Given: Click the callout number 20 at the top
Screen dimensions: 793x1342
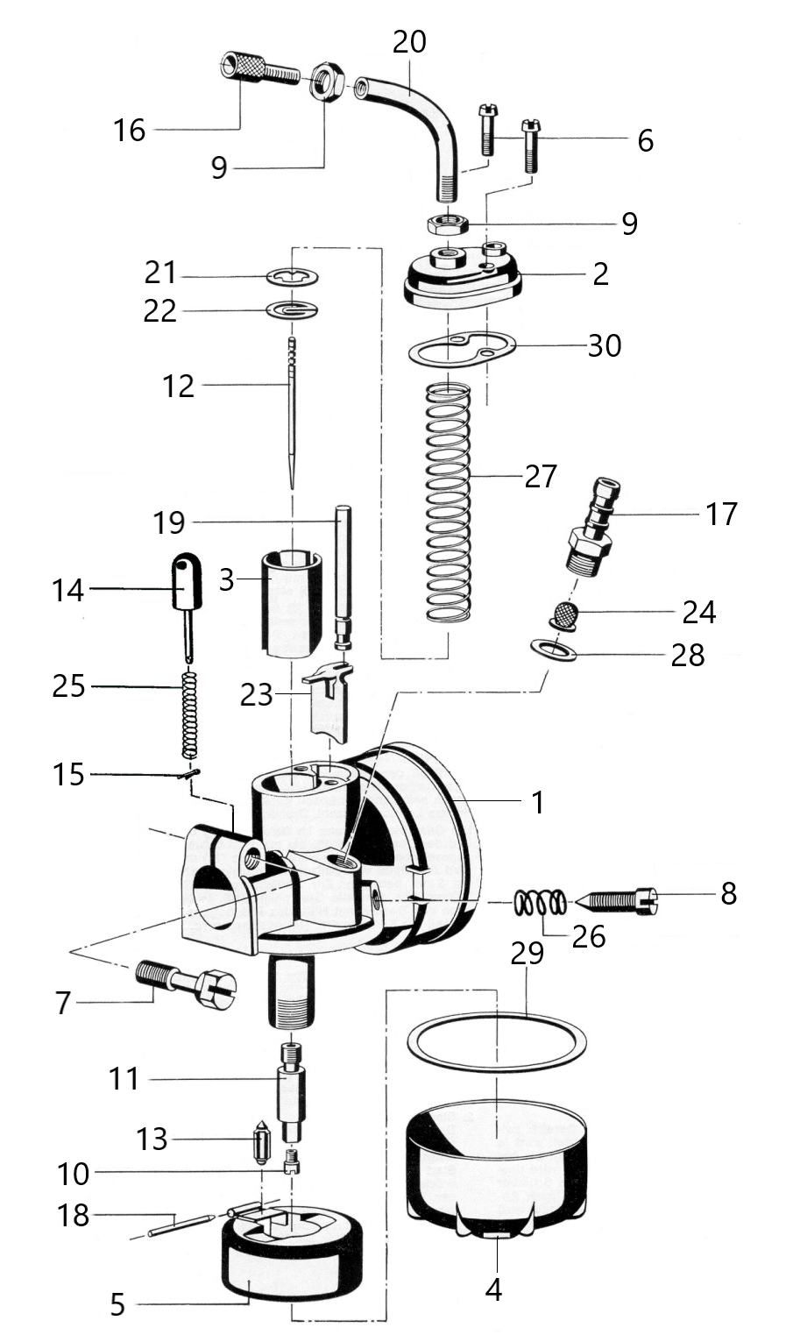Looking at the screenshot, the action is click(x=410, y=42).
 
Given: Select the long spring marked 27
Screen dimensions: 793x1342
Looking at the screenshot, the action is click(x=448, y=502).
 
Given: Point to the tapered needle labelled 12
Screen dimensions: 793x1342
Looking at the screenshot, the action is click(x=292, y=414).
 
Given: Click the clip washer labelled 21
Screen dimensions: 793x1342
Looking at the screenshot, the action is click(x=292, y=277).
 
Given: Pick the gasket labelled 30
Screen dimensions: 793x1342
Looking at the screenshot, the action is click(x=462, y=350).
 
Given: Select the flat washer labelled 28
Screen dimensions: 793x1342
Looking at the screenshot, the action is click(x=554, y=650).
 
